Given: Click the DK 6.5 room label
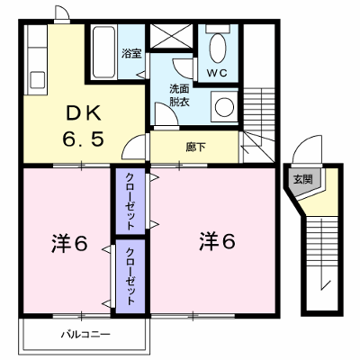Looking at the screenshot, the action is coord(83,126).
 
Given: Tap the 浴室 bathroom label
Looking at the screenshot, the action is coord(131,54).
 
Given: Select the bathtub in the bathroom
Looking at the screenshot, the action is coord(103,53).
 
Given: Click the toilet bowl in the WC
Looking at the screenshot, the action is coord(218,48).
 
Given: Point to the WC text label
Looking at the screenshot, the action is coord(218,73).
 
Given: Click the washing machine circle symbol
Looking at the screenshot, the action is coord(224,107).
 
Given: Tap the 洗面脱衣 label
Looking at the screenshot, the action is coord(179,95).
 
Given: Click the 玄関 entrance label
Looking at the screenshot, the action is coord(303,179).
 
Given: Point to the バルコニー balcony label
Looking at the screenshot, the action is coord(86,334).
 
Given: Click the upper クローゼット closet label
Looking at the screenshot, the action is coord(130,201).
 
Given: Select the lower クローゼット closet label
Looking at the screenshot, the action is coord(130,276).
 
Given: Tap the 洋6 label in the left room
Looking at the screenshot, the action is coord(69,244).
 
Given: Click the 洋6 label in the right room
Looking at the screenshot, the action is coord(217,241).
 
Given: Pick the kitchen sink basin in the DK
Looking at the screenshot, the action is coord(38,80).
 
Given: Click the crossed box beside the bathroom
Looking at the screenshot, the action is coord(171,36).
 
